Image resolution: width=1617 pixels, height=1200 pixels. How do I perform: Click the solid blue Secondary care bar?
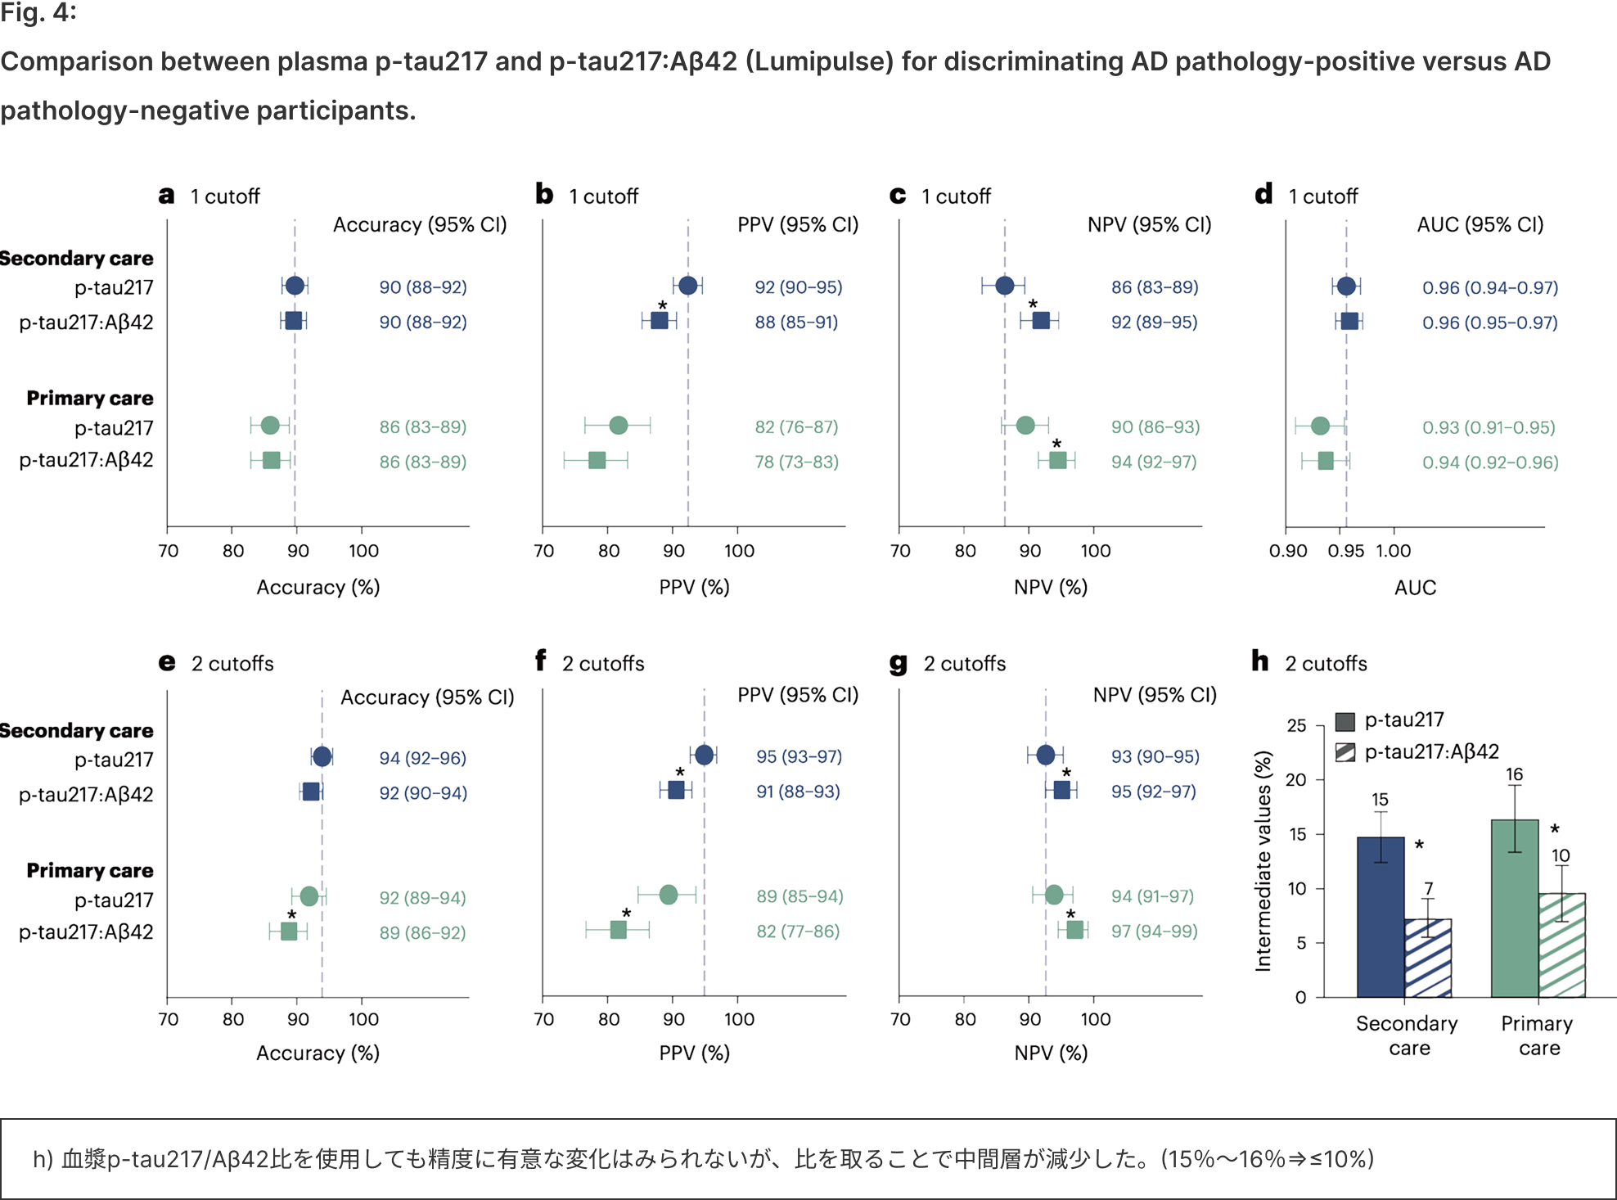click(x=1381, y=917)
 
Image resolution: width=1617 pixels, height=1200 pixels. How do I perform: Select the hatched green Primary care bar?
click(x=1564, y=945)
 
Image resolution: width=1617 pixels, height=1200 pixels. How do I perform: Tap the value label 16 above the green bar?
click(x=1514, y=774)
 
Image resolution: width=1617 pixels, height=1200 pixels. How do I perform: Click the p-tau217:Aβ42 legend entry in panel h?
click(x=1431, y=751)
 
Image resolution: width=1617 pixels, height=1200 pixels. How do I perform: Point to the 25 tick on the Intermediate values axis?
click(x=1296, y=725)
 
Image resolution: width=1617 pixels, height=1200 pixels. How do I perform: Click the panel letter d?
click(x=1264, y=194)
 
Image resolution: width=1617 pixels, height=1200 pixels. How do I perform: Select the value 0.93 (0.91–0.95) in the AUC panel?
click(x=1489, y=427)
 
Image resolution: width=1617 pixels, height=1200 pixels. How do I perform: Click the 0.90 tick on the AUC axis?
click(x=1288, y=550)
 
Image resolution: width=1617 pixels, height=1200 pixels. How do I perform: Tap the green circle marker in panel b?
click(x=619, y=426)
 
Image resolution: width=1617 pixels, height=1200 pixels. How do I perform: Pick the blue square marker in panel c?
click(x=1040, y=321)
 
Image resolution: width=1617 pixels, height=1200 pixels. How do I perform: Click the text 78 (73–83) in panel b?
click(x=796, y=462)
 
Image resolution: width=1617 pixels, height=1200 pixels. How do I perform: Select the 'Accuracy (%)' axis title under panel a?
click(x=318, y=587)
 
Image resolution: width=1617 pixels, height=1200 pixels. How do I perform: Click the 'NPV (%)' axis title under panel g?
click(x=1051, y=1053)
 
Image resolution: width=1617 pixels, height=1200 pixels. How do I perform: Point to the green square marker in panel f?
click(x=618, y=930)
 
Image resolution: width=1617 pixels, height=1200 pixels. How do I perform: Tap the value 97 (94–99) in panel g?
click(x=1154, y=932)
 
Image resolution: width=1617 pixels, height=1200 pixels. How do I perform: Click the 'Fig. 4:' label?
click(x=38, y=14)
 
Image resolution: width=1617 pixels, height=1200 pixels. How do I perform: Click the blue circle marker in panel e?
click(x=322, y=756)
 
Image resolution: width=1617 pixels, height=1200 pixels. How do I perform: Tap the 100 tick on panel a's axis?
click(x=363, y=550)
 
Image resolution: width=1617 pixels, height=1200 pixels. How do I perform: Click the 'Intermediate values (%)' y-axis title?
click(x=1264, y=862)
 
